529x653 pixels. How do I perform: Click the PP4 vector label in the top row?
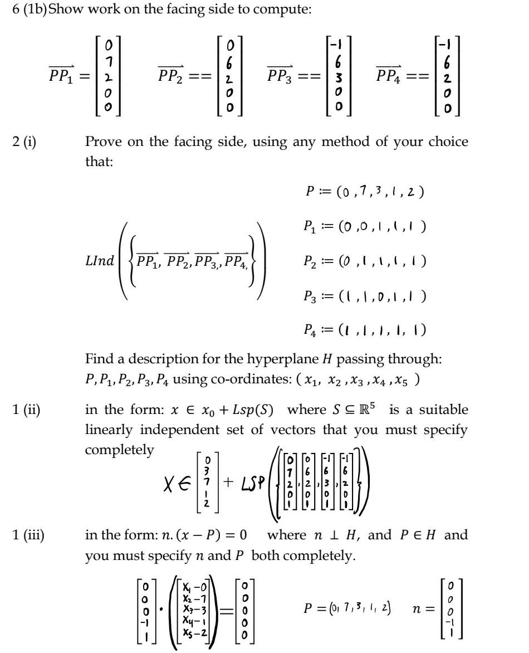pos(390,76)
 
